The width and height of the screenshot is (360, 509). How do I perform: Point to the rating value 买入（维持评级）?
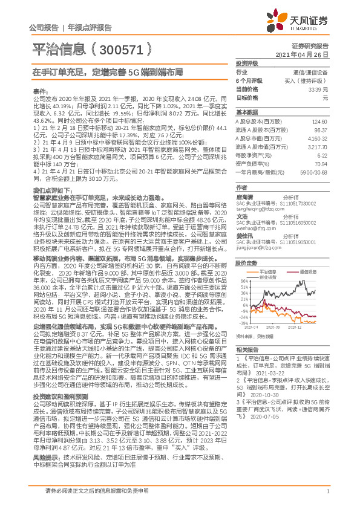(311, 80)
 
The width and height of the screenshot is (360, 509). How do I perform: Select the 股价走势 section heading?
(246, 264)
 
